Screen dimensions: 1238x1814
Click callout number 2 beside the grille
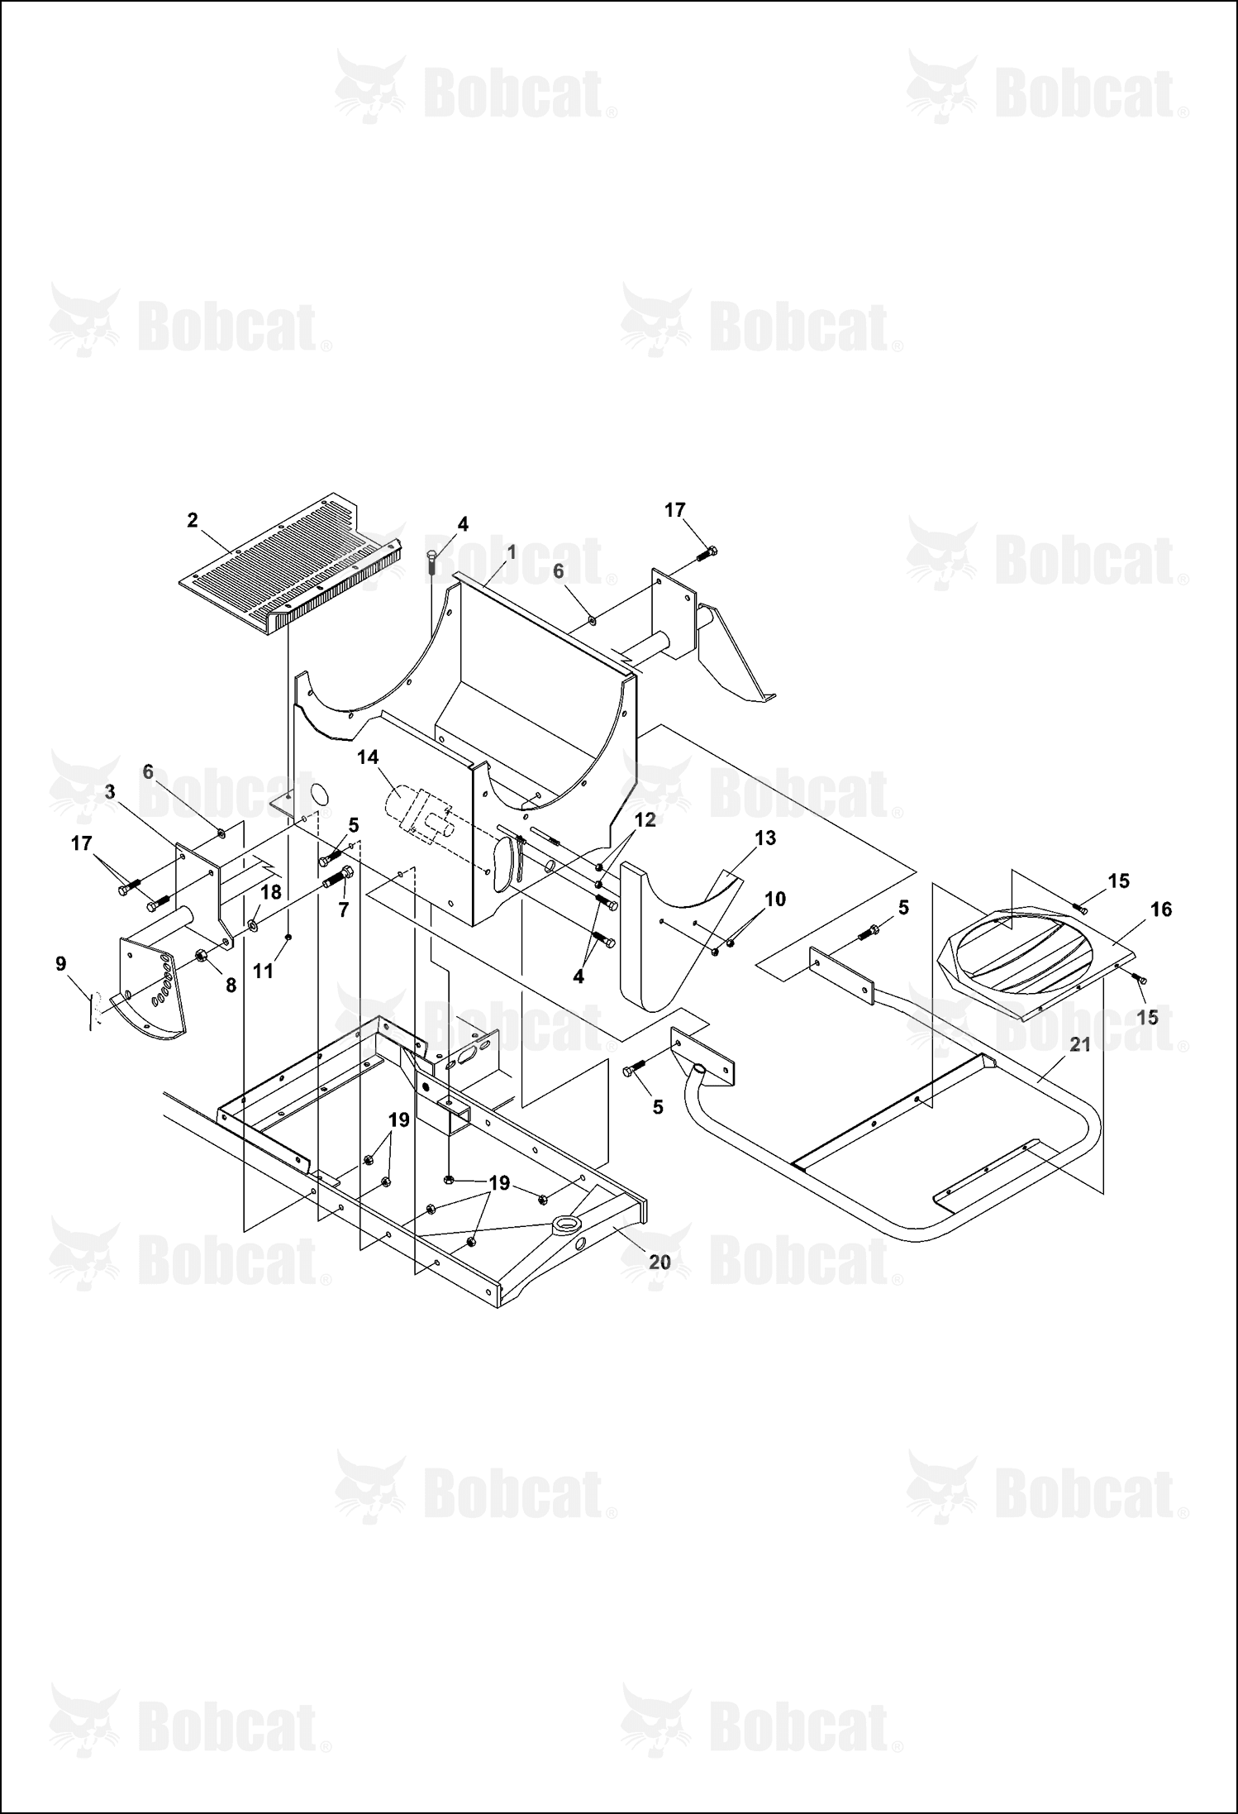(x=193, y=520)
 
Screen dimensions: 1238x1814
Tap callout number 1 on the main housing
(x=511, y=551)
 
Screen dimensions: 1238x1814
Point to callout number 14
(x=368, y=757)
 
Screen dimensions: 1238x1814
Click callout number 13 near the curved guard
(x=765, y=838)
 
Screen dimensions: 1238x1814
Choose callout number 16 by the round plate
(x=1161, y=909)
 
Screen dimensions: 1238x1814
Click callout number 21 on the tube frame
(x=1080, y=1045)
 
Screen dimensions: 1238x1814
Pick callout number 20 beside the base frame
(x=659, y=1263)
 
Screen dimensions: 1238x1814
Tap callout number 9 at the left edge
(x=60, y=963)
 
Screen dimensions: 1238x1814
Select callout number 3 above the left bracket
(x=110, y=792)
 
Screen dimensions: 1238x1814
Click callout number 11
(x=263, y=971)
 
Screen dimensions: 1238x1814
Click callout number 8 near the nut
(x=231, y=986)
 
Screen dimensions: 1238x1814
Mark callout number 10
(x=775, y=899)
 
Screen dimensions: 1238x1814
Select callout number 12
(x=645, y=819)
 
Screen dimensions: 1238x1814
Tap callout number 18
(x=271, y=892)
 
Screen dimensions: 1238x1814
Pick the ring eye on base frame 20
(x=568, y=1224)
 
